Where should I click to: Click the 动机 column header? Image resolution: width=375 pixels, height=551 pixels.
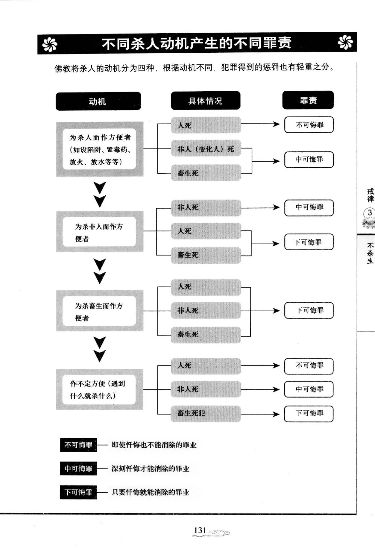point(98,101)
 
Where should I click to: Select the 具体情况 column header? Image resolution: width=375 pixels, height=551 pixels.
point(206,100)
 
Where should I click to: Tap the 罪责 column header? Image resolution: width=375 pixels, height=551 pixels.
point(308,100)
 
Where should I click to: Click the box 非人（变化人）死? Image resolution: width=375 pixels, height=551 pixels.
point(206,149)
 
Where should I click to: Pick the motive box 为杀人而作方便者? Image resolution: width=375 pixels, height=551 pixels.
point(100,149)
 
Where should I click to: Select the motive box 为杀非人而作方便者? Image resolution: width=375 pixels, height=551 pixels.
point(100,231)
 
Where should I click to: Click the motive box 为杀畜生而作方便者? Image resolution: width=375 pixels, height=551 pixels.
point(100,311)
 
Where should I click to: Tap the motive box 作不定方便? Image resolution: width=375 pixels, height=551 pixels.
point(99,389)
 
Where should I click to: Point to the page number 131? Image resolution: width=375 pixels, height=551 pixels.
point(200,530)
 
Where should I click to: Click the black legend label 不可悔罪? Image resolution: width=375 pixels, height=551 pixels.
point(78,445)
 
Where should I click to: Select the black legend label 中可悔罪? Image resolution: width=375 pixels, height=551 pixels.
point(78,468)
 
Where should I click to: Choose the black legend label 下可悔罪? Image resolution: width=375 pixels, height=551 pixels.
point(78,492)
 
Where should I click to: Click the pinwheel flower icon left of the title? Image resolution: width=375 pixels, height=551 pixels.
point(50,44)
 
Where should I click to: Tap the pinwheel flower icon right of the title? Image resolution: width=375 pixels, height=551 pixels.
point(345,42)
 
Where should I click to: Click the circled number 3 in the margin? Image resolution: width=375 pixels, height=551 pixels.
point(369,213)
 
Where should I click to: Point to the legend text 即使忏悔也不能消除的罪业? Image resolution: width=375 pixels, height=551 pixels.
point(154,445)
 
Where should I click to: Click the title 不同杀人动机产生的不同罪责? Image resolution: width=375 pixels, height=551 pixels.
point(197,43)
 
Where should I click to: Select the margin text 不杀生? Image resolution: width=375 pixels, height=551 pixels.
point(370,253)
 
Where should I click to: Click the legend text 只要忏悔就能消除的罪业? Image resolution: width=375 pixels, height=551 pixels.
point(150,492)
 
